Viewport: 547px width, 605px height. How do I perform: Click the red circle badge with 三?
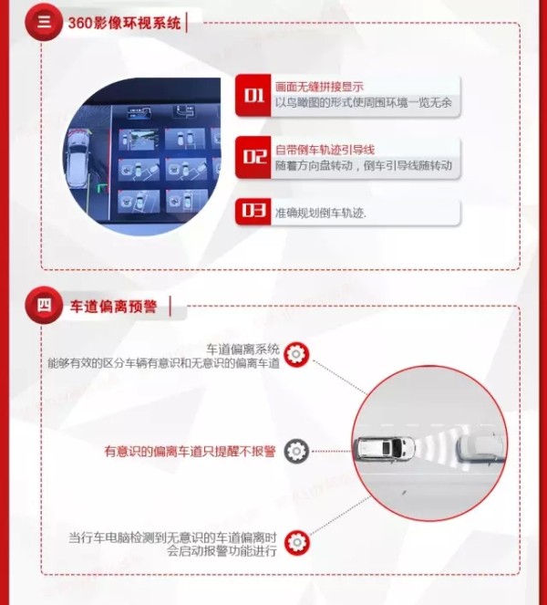pos(43,22)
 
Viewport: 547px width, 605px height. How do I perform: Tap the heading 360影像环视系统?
pos(124,23)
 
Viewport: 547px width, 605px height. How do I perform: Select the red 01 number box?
pos(253,95)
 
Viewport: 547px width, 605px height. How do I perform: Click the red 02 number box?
pos(253,157)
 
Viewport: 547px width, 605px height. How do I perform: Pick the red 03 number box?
pos(253,211)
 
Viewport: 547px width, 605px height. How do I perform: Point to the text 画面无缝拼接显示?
pos(319,87)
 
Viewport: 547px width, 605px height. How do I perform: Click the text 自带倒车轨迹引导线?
pos(325,150)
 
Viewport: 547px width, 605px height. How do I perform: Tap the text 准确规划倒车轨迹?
pos(321,213)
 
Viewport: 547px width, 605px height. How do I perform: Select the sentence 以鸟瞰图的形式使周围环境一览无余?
pos(364,102)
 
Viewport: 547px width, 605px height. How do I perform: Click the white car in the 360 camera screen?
pos(77,159)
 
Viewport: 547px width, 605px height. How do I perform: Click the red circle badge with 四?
pos(44,305)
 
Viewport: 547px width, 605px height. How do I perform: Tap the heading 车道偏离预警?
pos(113,307)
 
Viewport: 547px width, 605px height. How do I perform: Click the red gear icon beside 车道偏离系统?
pos(296,354)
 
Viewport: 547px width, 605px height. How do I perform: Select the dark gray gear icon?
pos(296,451)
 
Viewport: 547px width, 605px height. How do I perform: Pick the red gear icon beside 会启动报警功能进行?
pos(297,543)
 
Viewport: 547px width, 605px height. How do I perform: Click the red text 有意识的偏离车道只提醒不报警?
pos(190,451)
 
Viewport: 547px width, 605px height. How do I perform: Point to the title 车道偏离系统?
pos(243,349)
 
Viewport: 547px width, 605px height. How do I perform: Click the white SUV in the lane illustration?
pos(385,448)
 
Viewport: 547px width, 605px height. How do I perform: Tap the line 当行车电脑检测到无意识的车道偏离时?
pos(172,537)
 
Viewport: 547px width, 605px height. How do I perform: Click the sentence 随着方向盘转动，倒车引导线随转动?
pos(364,165)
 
